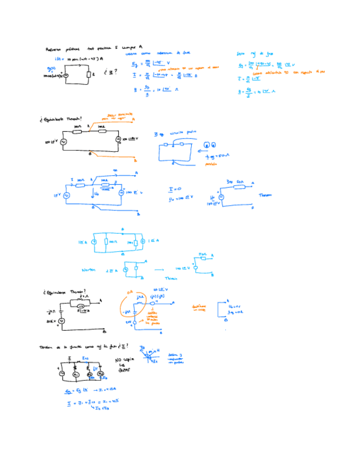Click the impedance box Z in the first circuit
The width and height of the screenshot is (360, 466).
[88, 74]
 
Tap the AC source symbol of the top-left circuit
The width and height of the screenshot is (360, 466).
[65, 76]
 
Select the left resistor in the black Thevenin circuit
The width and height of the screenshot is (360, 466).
[77, 132]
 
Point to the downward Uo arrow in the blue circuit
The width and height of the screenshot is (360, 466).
[94, 193]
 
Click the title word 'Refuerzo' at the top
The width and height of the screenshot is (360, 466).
[54, 49]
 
